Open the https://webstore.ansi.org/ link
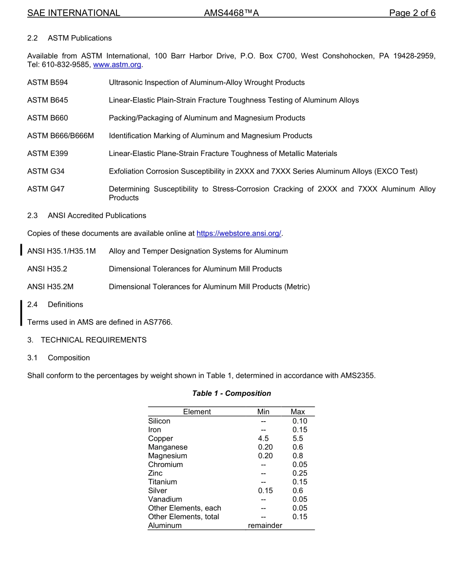click(239, 234)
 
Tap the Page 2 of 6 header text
click(412, 13)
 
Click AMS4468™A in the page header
click(231, 13)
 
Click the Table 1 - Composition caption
click(231, 393)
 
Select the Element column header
click(197, 412)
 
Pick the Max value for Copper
click(298, 438)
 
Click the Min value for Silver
click(265, 490)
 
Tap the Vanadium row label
click(165, 499)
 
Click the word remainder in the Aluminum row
click(265, 526)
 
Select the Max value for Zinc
click(300, 473)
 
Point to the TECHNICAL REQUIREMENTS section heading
click(94, 340)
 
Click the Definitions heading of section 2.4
click(65, 305)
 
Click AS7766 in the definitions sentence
click(157, 322)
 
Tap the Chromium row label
click(166, 465)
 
